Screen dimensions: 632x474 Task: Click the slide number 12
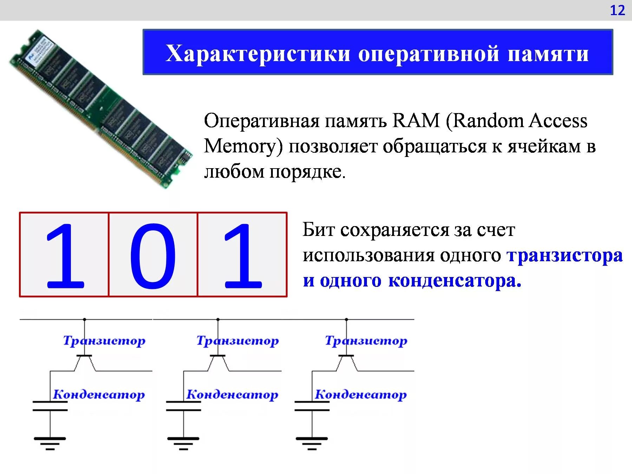pos(617,11)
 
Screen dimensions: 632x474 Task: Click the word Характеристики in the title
pos(258,53)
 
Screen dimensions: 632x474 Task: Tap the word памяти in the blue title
pos(548,53)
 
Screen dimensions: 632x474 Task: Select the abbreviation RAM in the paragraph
pos(416,121)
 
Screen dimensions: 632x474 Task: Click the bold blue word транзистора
pos(565,255)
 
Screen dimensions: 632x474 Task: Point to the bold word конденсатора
pos(455,281)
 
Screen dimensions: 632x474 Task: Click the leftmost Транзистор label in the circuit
pos(104,341)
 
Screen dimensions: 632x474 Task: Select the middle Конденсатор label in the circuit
pos(232,394)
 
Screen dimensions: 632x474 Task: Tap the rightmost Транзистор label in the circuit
pos(366,341)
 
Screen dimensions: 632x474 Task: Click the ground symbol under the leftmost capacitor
pos(50,443)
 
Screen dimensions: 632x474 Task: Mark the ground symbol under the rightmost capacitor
pos(312,443)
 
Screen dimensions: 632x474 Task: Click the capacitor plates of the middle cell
pos(183,406)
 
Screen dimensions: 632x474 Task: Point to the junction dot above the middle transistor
pos(218,320)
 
